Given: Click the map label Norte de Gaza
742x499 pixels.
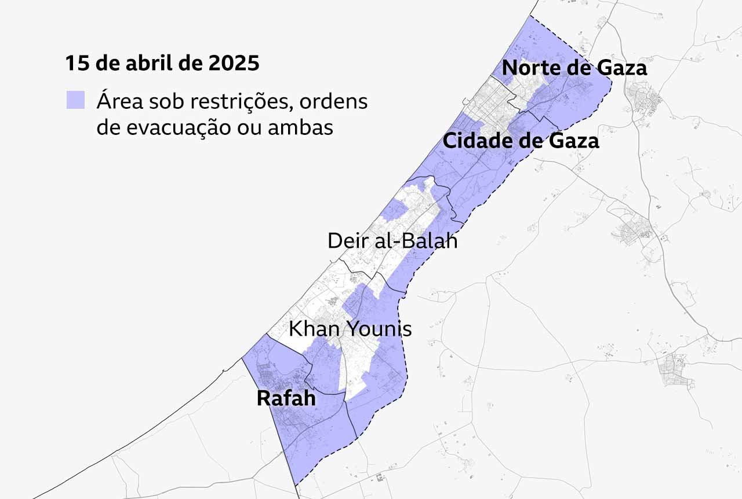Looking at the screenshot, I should (574, 68).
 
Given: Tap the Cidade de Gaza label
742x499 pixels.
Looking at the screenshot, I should (521, 140).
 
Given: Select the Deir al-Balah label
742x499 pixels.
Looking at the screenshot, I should (392, 240).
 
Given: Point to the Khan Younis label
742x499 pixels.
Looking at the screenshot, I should (350, 329).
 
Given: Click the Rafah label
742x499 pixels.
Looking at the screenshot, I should (286, 398).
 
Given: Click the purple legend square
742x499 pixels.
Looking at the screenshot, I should (75, 100).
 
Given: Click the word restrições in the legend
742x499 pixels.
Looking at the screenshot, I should (237, 101).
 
